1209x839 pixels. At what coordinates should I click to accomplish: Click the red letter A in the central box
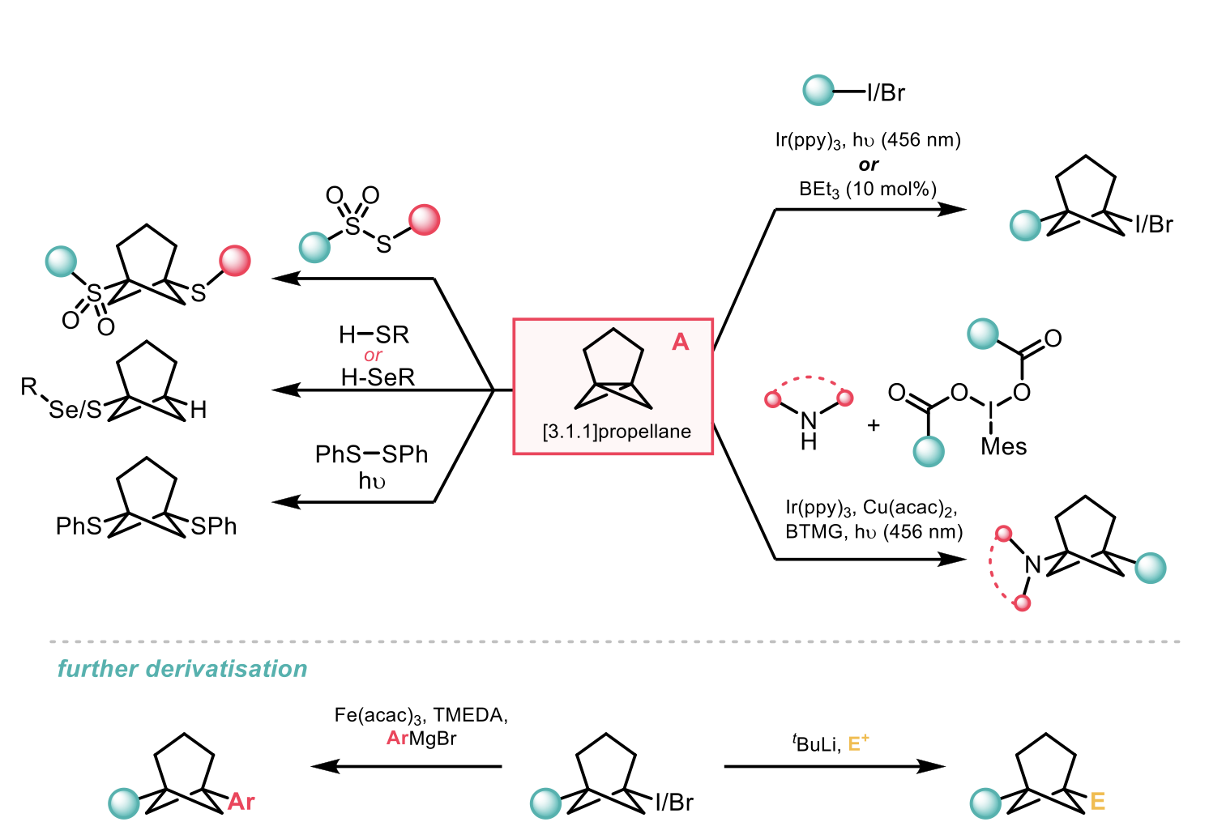(681, 343)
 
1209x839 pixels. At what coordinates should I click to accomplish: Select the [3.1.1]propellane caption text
(617, 432)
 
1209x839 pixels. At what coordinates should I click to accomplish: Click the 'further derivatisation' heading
(182, 669)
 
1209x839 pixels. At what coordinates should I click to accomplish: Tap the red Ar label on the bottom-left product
(241, 802)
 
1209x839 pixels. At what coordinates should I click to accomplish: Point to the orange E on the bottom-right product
(1097, 802)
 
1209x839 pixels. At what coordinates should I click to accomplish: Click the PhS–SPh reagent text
(371, 455)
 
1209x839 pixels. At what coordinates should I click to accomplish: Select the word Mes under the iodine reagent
(1003, 447)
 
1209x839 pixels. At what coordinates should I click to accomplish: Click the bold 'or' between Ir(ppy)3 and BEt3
(868, 164)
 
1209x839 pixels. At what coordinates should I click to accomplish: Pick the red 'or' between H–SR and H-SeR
(373, 356)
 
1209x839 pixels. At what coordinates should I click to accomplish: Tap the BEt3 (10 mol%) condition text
(868, 190)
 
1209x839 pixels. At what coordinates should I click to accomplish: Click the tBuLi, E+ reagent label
(831, 743)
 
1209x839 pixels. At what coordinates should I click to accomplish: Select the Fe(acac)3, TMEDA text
(421, 715)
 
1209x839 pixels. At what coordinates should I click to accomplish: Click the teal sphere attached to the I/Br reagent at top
(818, 91)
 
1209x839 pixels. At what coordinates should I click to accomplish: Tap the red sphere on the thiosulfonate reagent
(425, 219)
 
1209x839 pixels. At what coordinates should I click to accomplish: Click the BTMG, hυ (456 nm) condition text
(874, 532)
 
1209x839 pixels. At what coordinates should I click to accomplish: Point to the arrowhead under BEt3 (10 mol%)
(955, 210)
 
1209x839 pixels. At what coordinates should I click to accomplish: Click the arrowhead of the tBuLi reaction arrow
(933, 766)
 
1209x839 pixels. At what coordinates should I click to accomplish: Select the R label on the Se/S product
(29, 387)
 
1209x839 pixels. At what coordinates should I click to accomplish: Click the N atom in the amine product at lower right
(1032, 564)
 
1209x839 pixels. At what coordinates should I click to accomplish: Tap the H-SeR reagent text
(378, 377)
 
